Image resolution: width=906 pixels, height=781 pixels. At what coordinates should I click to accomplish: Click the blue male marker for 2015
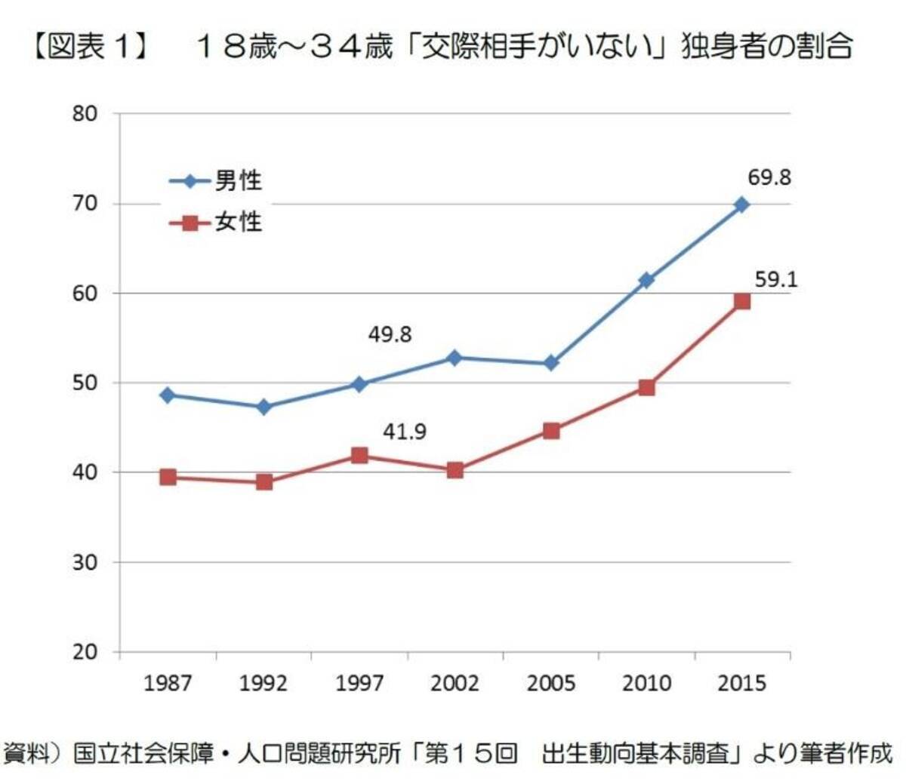click(x=741, y=204)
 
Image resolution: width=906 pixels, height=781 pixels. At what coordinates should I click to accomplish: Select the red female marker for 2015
click(x=741, y=301)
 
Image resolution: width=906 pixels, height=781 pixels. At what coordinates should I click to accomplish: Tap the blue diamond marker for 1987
click(x=168, y=395)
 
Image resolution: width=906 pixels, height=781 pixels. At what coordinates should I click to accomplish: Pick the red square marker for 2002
click(x=455, y=470)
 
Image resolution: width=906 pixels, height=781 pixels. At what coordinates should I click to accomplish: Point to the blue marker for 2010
click(x=646, y=280)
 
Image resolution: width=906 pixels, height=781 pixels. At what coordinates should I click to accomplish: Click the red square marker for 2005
click(x=550, y=431)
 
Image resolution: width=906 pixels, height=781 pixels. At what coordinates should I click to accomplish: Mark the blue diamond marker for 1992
click(x=263, y=407)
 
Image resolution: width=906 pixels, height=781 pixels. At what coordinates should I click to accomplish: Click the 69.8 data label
click(x=770, y=178)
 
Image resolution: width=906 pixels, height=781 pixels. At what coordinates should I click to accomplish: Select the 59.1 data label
click(x=776, y=280)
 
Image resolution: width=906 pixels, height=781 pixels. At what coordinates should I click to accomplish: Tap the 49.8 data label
click(x=390, y=334)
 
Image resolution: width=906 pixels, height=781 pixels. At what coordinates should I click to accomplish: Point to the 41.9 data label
click(x=404, y=432)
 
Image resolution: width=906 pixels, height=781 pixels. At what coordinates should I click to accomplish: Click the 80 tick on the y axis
click(x=85, y=114)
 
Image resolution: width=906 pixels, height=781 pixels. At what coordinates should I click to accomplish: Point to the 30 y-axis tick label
click(x=85, y=562)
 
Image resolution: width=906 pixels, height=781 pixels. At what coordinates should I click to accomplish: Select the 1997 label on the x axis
click(x=359, y=684)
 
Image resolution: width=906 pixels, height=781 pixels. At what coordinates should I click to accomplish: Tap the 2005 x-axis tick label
click(x=550, y=684)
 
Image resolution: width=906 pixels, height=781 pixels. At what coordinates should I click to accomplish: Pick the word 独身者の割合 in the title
click(x=766, y=47)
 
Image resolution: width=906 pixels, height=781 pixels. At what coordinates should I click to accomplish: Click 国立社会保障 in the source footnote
click(x=143, y=753)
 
